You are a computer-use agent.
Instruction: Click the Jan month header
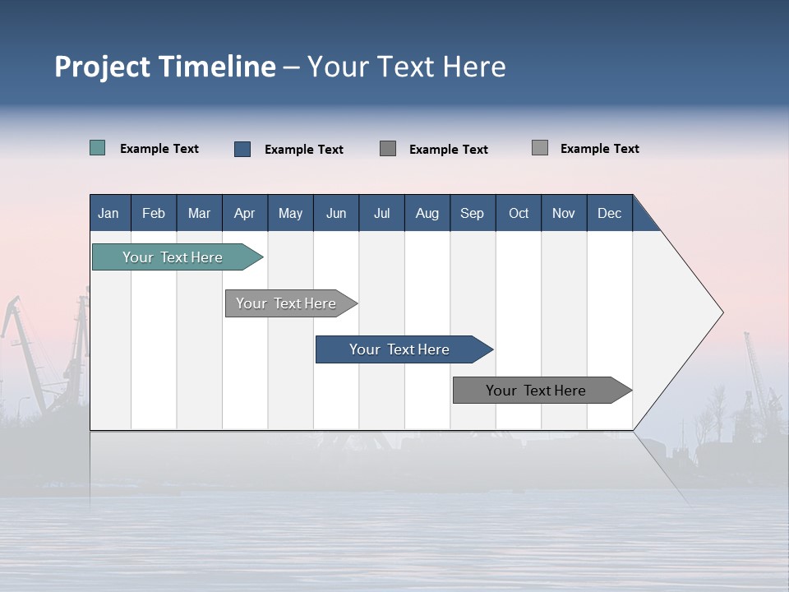click(108, 213)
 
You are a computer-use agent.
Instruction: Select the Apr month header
click(244, 213)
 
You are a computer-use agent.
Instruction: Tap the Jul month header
click(381, 213)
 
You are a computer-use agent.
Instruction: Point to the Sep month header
click(472, 213)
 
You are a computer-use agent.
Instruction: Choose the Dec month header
click(609, 213)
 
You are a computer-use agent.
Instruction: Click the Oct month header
click(519, 213)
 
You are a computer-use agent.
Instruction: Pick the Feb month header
click(154, 213)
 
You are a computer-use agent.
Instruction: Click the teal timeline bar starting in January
click(173, 257)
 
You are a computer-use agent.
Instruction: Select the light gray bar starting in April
click(286, 303)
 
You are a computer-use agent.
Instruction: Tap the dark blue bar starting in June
click(399, 349)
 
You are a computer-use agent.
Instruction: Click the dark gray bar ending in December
click(536, 391)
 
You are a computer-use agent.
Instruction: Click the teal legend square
click(97, 148)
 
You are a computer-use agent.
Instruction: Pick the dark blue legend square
click(242, 149)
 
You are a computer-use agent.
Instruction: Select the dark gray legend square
click(388, 148)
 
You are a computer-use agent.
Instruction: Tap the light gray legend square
click(539, 148)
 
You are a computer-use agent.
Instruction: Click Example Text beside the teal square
click(159, 149)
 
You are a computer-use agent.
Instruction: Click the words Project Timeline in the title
click(164, 67)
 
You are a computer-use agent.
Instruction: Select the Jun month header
click(336, 213)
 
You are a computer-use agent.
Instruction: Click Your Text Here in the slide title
click(407, 67)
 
